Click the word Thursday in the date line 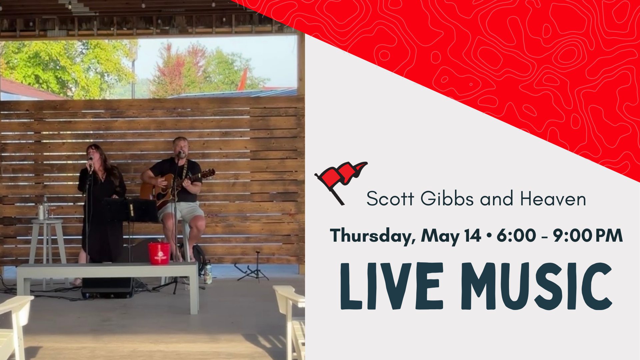click(x=372, y=236)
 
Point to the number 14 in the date click(x=473, y=235)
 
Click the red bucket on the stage click(x=159, y=253)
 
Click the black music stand click(x=132, y=210)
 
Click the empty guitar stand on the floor click(x=252, y=267)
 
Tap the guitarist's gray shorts click(x=181, y=211)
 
